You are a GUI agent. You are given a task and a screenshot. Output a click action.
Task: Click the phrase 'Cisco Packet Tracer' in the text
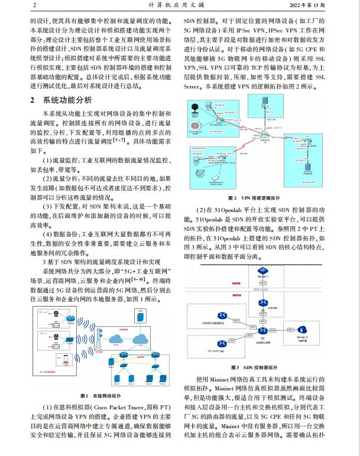coord(126,408)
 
